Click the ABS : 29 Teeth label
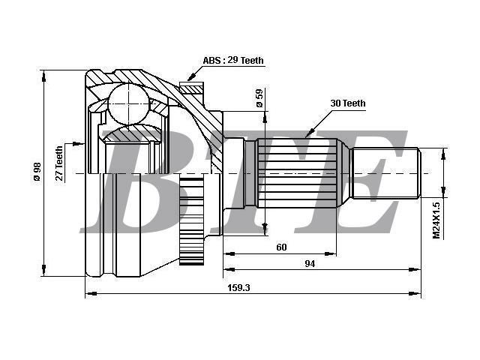(233, 60)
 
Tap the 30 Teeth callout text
(348, 103)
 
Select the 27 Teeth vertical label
(59, 163)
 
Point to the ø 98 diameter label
(37, 172)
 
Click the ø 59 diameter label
(259, 98)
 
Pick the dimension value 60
(281, 247)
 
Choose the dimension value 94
(310, 263)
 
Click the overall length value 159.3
(238, 288)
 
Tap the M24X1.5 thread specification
(436, 220)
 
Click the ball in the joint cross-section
(129, 103)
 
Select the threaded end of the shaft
(385, 173)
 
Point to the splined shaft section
(297, 173)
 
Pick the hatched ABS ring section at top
(191, 88)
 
